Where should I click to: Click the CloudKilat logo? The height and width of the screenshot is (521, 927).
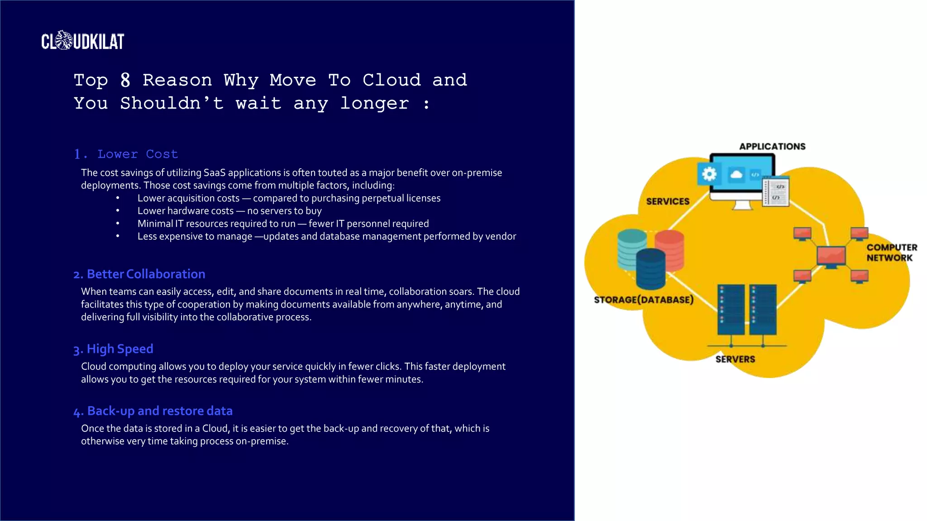tap(82, 41)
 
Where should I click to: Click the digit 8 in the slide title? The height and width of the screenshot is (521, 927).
tap(125, 80)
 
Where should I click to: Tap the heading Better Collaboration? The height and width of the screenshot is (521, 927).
tap(139, 274)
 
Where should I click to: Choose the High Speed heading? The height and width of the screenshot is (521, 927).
tap(114, 349)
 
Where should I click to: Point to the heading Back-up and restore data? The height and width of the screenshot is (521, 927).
tap(153, 411)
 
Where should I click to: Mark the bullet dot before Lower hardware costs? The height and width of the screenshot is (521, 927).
tap(118, 211)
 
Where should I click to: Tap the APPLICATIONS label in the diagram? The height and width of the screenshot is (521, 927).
tap(772, 147)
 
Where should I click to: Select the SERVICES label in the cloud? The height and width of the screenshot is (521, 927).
tap(668, 201)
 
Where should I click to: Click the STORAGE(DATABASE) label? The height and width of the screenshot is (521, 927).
tap(643, 299)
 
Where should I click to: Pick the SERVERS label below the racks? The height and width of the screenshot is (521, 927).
tap(735, 359)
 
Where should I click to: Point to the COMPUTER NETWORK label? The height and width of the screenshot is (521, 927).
tap(891, 252)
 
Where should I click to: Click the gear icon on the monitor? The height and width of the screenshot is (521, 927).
tap(709, 174)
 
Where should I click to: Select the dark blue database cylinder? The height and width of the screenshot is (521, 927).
tap(650, 269)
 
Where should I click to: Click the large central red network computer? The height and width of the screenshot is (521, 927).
tap(831, 256)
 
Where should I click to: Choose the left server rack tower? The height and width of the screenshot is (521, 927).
tap(731, 310)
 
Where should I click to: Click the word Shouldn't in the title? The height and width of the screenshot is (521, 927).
tap(172, 104)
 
